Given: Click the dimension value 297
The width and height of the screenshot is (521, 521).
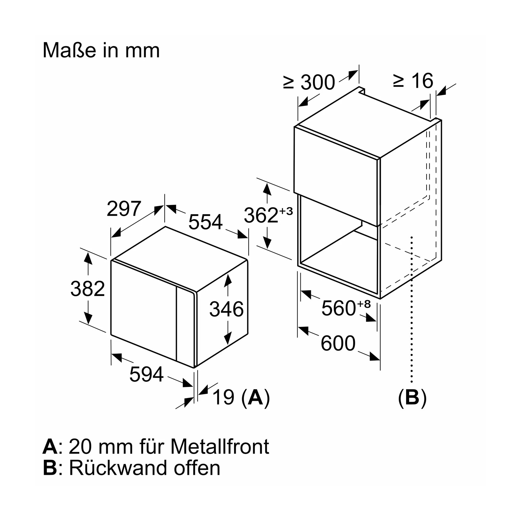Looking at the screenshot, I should [124, 209].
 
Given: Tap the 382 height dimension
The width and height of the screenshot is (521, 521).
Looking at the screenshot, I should [88, 289].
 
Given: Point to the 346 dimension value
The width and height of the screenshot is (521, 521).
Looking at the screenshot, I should [226, 309].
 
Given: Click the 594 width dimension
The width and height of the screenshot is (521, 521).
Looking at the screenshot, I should [146, 374].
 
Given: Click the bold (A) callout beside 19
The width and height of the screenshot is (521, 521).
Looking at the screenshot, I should [256, 397].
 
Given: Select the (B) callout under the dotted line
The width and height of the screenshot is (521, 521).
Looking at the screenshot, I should [412, 398].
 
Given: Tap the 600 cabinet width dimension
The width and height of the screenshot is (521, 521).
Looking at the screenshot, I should [338, 343].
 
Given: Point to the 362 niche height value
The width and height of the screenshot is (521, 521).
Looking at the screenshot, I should [261, 215].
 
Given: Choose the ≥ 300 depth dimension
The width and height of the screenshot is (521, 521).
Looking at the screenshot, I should [309, 82].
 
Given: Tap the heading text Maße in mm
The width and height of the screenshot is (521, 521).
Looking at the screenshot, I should [101, 50].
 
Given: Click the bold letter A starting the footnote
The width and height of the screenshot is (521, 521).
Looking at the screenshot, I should [50, 447].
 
